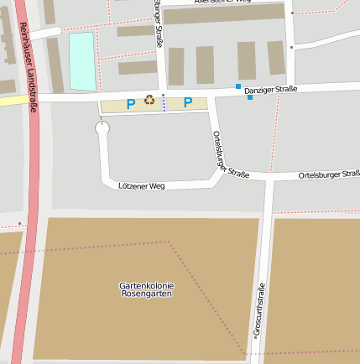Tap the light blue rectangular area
pyautogui.click(x=81, y=61)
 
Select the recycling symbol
pyautogui.click(x=149, y=101)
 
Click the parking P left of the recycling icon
pyautogui.click(x=130, y=104)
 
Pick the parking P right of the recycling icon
pyautogui.click(x=188, y=103)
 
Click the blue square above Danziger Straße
pyautogui.click(x=238, y=86)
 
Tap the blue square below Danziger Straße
pyautogui.click(x=249, y=97)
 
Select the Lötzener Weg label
pyautogui.click(x=142, y=185)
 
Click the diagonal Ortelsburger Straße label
pyautogui.click(x=229, y=158)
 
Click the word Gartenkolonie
pyautogui.click(x=146, y=286)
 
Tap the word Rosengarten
pyautogui.click(x=146, y=294)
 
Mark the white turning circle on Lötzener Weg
pyautogui.click(x=102, y=128)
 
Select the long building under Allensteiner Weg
pyautogui.click(x=223, y=13)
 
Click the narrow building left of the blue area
pyautogui.click(x=55, y=65)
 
